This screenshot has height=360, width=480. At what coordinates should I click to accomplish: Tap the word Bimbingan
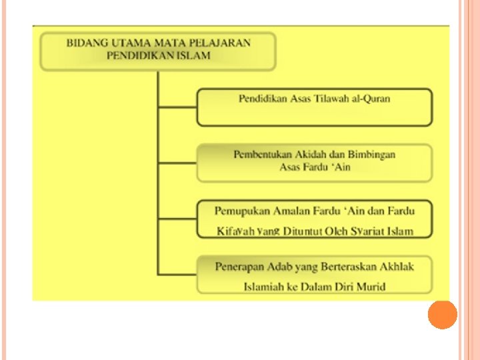tap(373, 155)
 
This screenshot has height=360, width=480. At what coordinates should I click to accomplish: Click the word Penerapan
tap(241, 267)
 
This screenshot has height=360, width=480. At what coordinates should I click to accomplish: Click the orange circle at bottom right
tap(442, 314)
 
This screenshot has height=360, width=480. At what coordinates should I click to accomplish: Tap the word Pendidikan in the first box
tap(263, 99)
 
